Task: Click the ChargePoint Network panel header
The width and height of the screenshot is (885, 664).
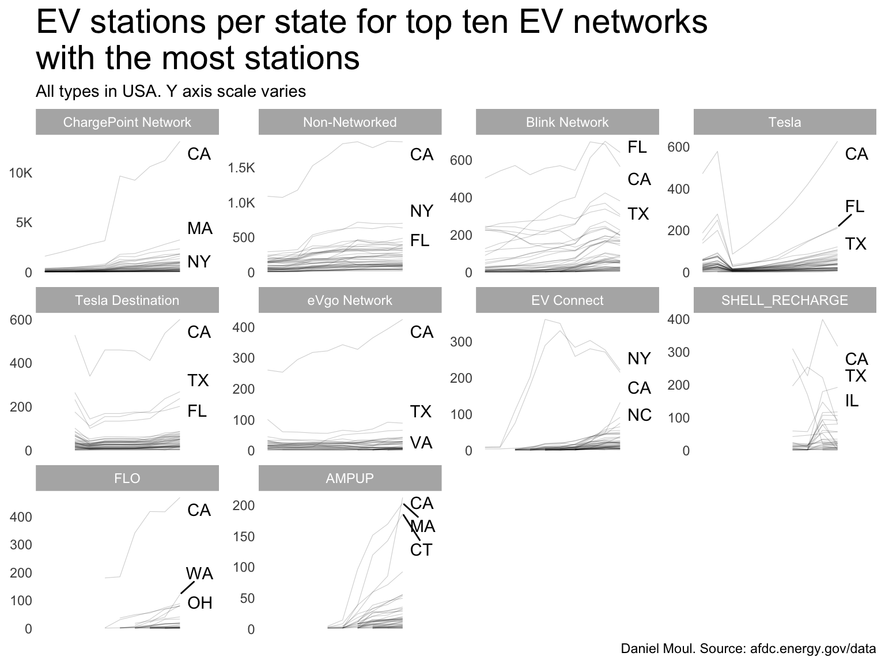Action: [127, 122]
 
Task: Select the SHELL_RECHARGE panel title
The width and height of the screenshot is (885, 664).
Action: [784, 300]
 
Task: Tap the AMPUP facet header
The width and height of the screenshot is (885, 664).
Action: [350, 478]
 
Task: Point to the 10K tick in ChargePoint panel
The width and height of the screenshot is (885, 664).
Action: [20, 173]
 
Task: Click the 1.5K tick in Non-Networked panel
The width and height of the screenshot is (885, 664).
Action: [241, 168]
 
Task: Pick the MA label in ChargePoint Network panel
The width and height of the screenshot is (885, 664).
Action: [199, 229]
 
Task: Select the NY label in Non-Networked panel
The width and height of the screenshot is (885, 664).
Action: [421, 212]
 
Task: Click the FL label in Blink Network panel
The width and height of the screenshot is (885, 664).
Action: [637, 148]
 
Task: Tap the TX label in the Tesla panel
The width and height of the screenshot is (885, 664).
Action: [856, 244]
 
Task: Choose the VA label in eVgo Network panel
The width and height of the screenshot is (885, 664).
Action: [421, 443]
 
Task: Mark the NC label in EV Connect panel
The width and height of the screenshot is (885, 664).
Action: [639, 415]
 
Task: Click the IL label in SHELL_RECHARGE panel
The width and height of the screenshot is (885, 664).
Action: [852, 401]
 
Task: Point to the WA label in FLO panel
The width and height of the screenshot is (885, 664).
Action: [199, 574]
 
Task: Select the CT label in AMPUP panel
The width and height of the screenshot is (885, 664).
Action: [421, 550]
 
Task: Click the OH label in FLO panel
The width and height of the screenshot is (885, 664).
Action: [200, 603]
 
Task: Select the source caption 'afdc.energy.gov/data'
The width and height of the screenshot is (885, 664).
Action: [813, 649]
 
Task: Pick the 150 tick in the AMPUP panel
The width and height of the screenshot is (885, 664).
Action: [243, 537]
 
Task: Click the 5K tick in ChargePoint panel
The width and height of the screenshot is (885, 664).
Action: [24, 222]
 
